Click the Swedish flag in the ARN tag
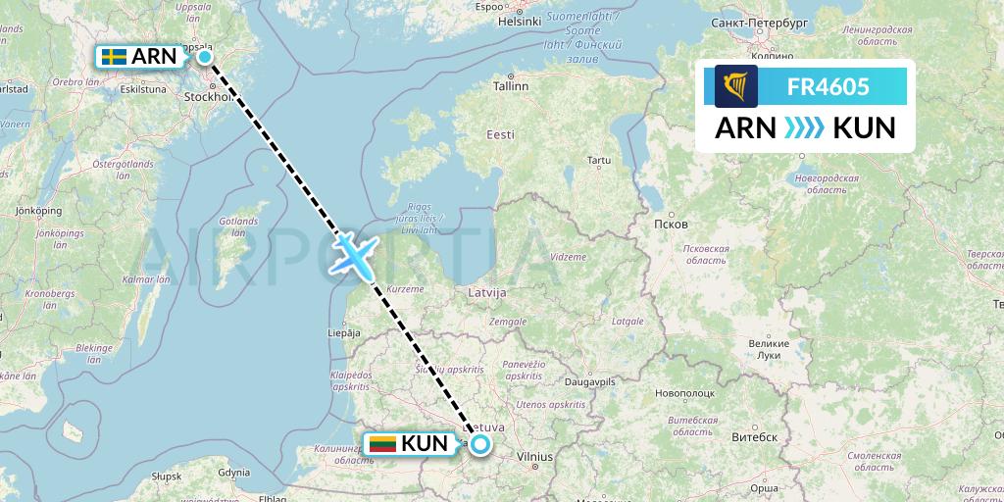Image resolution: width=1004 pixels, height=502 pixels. click(114, 57)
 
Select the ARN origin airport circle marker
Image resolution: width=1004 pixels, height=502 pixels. click(205, 57)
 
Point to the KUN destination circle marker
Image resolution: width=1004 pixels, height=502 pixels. click(480, 445)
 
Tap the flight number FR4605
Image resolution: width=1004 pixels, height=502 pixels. click(828, 86)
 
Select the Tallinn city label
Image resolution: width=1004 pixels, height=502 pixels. click(511, 86)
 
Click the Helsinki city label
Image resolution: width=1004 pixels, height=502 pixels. click(520, 21)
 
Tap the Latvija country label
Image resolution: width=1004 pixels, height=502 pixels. click(486, 292)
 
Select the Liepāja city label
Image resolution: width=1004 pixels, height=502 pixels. click(344, 333)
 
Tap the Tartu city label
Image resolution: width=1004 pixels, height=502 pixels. click(597, 159)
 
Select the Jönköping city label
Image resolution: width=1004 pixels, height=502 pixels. click(40, 211)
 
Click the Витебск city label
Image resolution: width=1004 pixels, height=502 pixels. click(757, 436)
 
